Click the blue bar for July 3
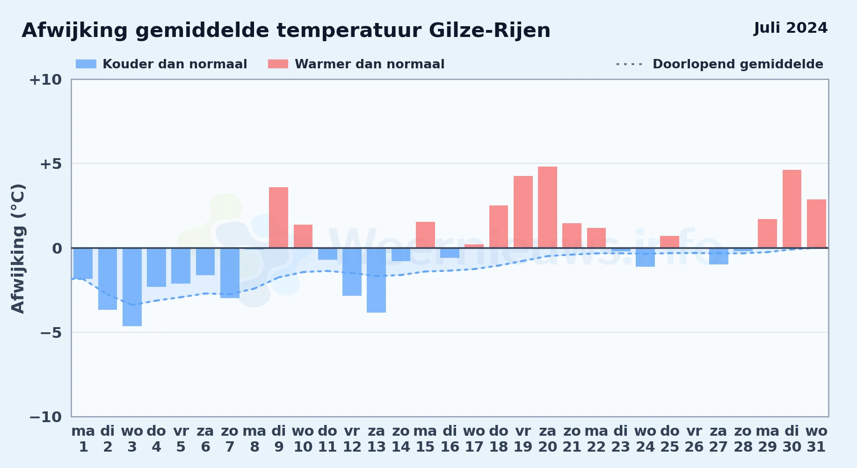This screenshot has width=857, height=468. pos(132,287)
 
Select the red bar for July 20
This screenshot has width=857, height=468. pos(547,207)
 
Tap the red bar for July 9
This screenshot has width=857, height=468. pos(279,218)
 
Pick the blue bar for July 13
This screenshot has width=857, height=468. pos(376,280)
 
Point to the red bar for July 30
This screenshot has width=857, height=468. pos(792,209)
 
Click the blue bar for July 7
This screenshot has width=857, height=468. pos(230,273)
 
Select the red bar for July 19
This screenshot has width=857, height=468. pos(523,212)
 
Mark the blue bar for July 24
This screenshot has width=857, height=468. pos(645,257)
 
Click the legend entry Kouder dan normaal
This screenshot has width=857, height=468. pos(161,64)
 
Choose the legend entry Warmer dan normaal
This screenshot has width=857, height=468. pos(356,64)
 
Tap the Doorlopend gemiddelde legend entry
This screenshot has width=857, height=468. pos(719,64)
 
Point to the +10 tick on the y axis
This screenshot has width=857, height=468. pos(45,80)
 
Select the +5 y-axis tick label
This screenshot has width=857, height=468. pos(51,164)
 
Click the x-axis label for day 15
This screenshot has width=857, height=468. pos(425,439)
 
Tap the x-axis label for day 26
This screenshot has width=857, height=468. pos(694,439)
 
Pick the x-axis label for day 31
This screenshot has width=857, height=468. pos(816,439)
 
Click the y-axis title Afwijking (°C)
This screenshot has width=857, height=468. pos(18,248)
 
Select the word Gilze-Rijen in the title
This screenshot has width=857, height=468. pos(489,30)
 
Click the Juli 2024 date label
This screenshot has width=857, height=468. pos(791,28)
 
